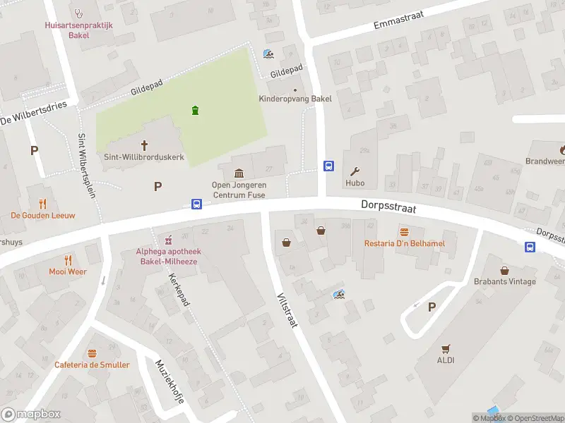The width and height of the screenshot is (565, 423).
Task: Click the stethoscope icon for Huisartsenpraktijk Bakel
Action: pos(79,12)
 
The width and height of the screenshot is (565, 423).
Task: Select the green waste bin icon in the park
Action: pos(195,110)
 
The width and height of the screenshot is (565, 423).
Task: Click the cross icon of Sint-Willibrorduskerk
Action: pos(145,145)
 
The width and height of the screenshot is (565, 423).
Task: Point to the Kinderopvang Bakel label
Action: pos(295,99)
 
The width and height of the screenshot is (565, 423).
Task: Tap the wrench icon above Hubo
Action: pos(355,171)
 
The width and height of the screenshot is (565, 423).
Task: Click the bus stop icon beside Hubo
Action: pos(329,166)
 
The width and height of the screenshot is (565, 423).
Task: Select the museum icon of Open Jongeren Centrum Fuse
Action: pos(239,173)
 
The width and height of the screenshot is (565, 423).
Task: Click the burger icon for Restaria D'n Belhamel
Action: pos(405,231)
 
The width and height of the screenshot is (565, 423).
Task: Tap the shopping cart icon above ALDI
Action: pos(445,348)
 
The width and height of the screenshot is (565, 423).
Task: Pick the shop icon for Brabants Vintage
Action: pos(505,270)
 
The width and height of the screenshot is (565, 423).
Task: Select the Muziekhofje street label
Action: pos(169,381)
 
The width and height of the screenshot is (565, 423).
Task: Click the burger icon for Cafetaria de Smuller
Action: pos(92,353)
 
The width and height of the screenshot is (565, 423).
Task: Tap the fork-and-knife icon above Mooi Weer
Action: pos(68,259)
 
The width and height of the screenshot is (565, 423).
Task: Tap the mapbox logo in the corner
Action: pos(31,415)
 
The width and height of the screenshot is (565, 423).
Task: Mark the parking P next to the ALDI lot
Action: pos(432,307)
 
